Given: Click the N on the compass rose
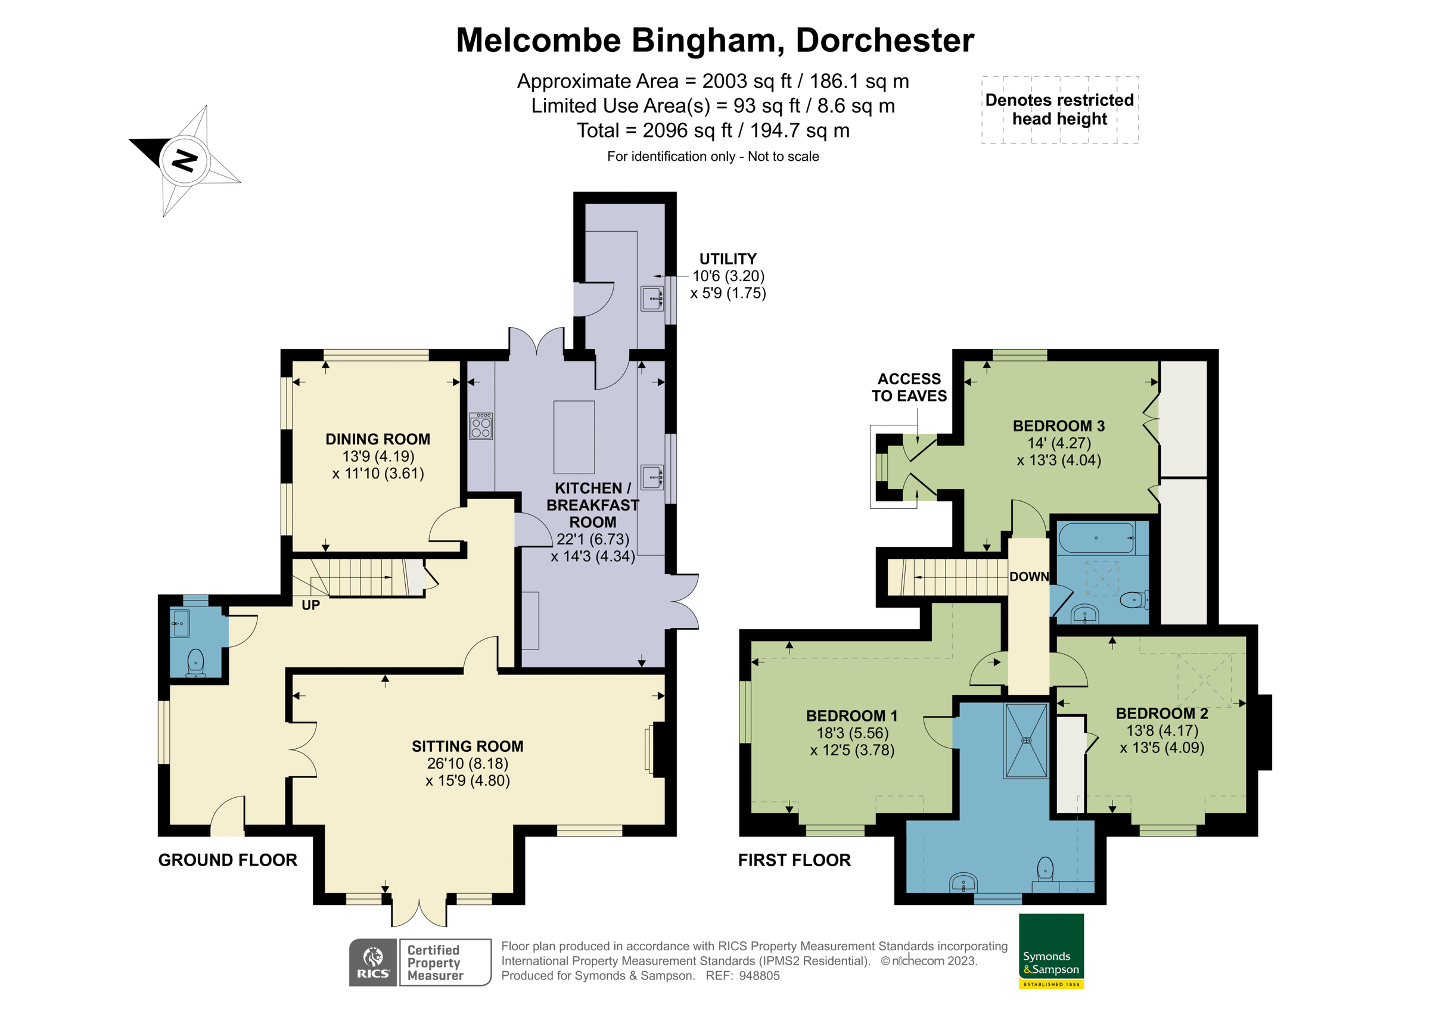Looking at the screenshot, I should [x=185, y=161].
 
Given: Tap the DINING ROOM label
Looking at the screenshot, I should [x=377, y=439].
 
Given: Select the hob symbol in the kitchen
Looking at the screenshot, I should [x=481, y=426].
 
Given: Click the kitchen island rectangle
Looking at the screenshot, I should [x=574, y=437].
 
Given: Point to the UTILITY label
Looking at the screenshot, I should [x=728, y=259].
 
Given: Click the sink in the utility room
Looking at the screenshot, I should [x=652, y=298].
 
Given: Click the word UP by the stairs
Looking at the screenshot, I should [x=310, y=605].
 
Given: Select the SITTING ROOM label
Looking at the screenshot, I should [x=467, y=746].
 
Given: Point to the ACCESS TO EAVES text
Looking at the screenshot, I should [x=909, y=387].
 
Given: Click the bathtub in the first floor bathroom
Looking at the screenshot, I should [x=1096, y=538].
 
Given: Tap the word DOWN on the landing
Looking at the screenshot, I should [x=1029, y=577].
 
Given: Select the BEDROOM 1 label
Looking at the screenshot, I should [x=851, y=716].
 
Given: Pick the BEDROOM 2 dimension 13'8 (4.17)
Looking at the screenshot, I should [x=1161, y=730].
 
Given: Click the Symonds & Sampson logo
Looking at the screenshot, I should [x=1051, y=951].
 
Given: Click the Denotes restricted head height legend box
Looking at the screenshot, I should [x=1059, y=110].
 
